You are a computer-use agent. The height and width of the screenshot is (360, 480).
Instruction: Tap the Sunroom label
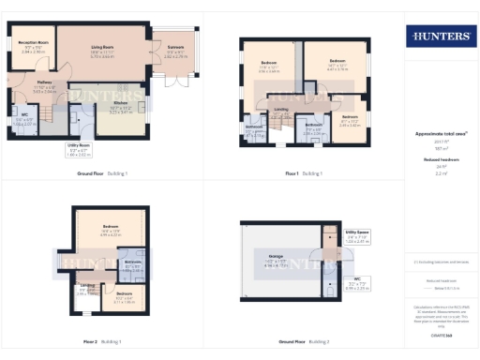(176, 52)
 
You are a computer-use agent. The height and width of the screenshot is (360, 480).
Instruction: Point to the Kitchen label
(119, 108)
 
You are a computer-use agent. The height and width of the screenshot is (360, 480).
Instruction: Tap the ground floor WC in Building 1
(26, 120)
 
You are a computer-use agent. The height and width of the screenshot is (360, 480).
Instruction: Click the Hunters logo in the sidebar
(438, 37)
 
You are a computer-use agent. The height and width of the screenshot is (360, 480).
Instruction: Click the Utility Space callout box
(357, 234)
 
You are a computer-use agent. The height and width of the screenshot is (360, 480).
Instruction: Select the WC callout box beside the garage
(356, 281)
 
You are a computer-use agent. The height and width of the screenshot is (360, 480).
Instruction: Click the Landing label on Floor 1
(280, 110)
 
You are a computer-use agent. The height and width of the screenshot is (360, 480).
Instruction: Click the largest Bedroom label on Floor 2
(111, 230)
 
